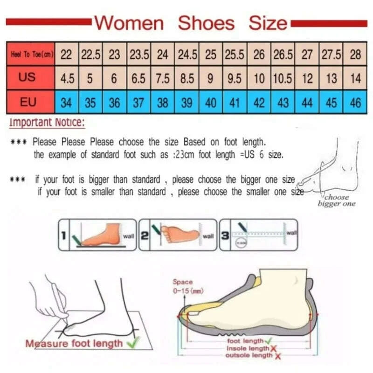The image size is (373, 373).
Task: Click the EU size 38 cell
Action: click(162, 102)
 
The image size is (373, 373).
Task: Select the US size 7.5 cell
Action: click(162, 78)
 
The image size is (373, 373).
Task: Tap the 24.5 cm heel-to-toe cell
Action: click(186, 55)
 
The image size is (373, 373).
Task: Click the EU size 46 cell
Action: click(355, 102)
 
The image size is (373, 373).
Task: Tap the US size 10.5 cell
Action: click(283, 78)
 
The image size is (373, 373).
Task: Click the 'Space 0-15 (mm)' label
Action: click(186, 286)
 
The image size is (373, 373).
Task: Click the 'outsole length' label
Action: click(249, 355)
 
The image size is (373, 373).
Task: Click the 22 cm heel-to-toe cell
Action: click(67, 55)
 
